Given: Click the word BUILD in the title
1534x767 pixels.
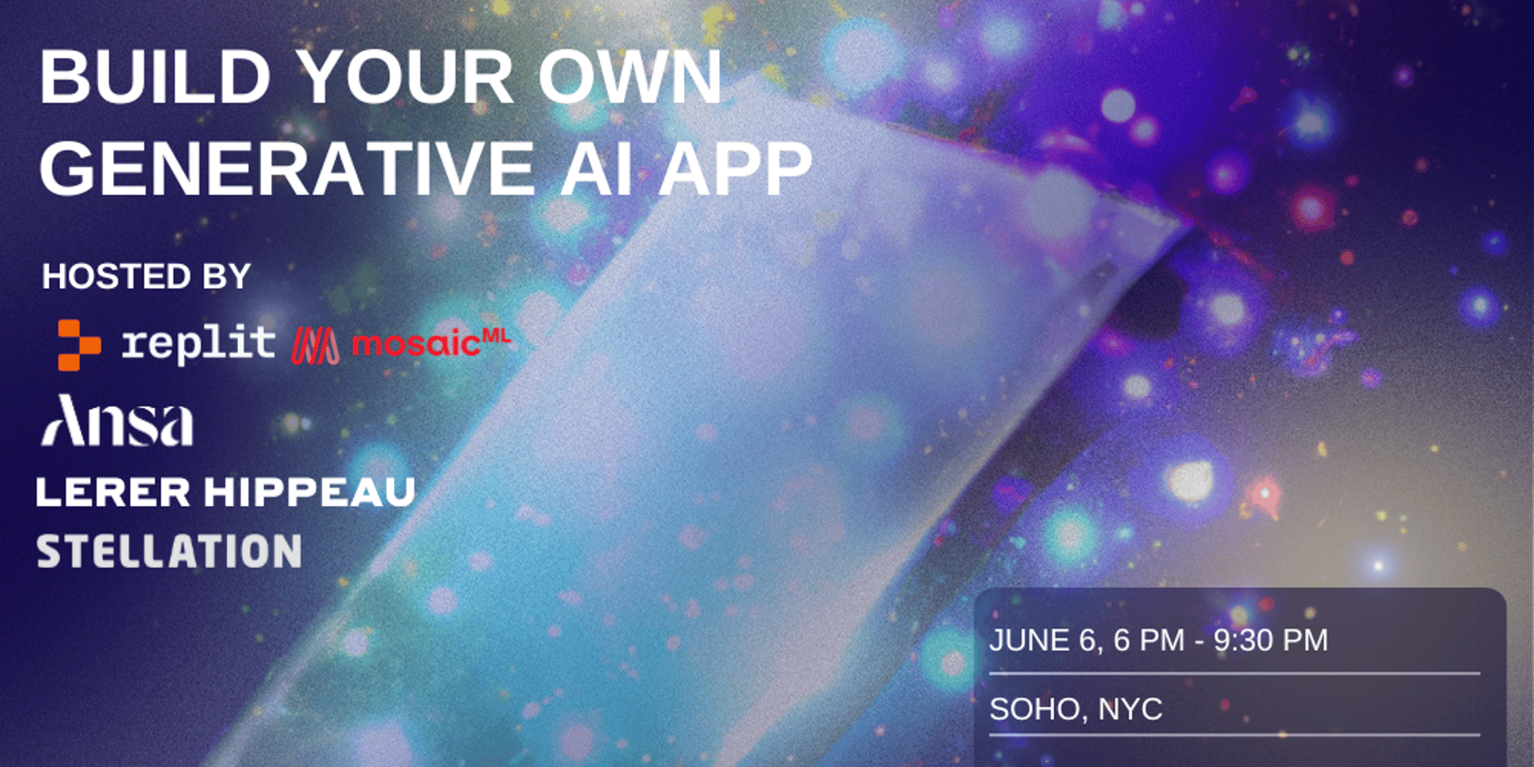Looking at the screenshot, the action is coord(156,77).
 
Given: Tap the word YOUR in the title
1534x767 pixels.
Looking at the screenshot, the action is coord(406,77).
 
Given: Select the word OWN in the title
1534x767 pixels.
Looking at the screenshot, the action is coord(630,77).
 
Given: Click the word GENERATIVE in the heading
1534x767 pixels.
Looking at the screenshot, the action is coord(287,169).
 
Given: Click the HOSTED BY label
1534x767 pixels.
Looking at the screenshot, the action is coord(146,276).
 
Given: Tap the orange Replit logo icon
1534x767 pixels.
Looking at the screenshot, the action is coord(79,344).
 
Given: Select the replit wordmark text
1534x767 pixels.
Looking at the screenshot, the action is coord(198,344).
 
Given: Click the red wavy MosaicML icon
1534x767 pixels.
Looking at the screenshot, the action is coord(315,346).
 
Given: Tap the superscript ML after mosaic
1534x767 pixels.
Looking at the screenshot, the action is coord(496,336).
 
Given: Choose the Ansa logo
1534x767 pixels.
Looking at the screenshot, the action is coord(117,420).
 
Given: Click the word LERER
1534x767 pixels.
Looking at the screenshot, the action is coord(113,491).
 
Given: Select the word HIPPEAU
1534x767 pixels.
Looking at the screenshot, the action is coord(310,491).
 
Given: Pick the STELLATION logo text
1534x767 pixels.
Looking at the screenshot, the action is coord(169,551).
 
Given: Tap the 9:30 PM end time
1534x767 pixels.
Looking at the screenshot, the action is coord(1271,640).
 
